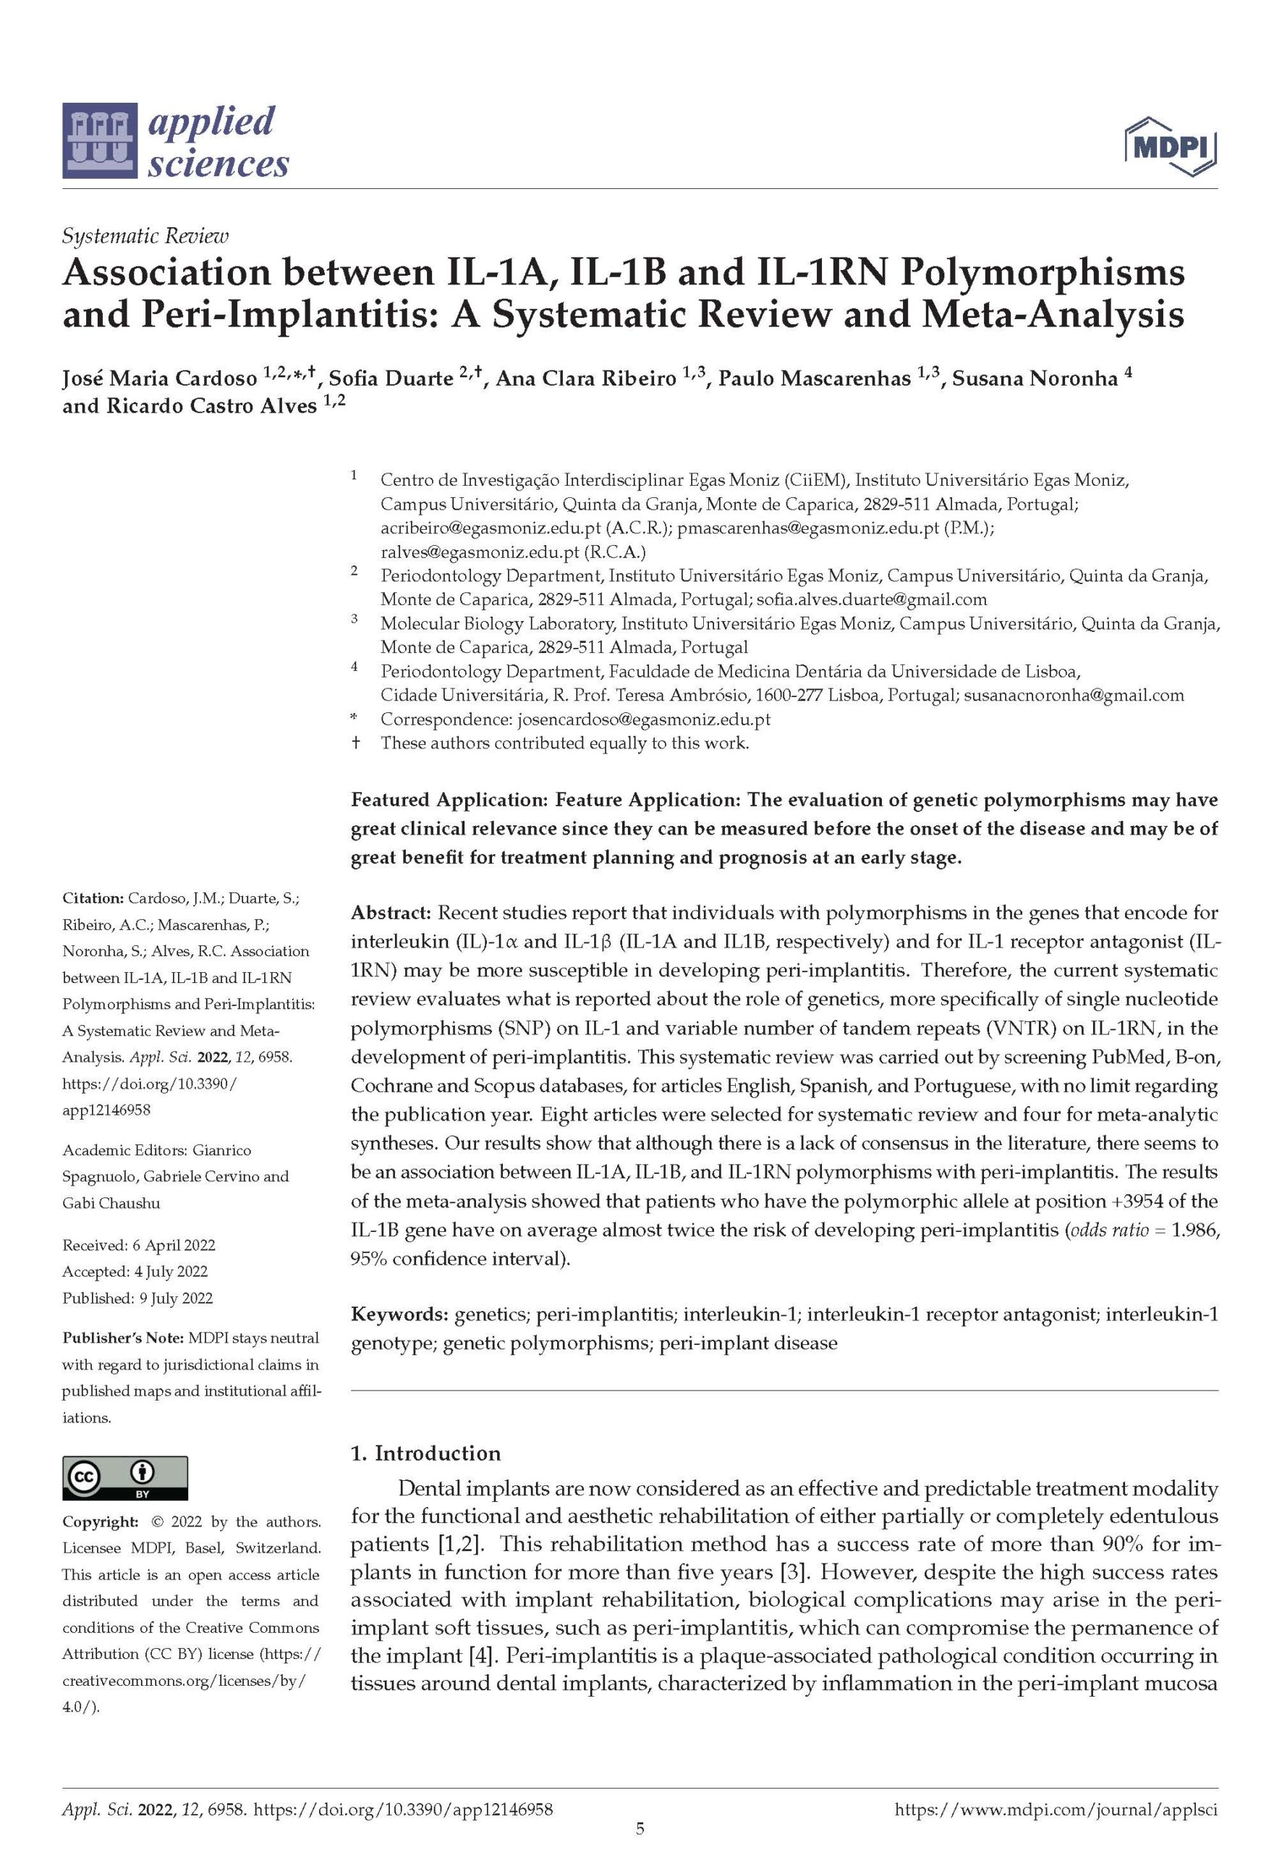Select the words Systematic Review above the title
[x=145, y=236]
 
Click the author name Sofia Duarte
[x=391, y=379]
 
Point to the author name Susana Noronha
[x=1035, y=379]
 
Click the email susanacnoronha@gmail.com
[x=1074, y=695]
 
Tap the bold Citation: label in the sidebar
[x=93, y=898]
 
